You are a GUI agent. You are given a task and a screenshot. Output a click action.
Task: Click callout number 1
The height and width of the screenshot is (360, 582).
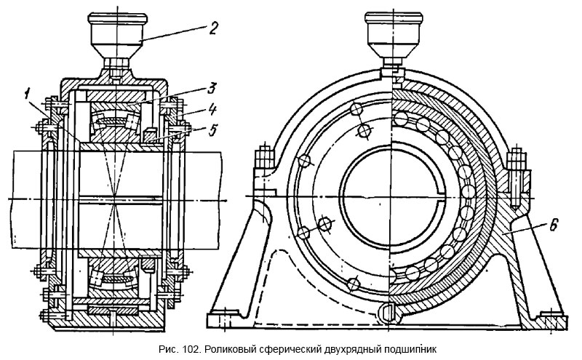pos(26,92)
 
